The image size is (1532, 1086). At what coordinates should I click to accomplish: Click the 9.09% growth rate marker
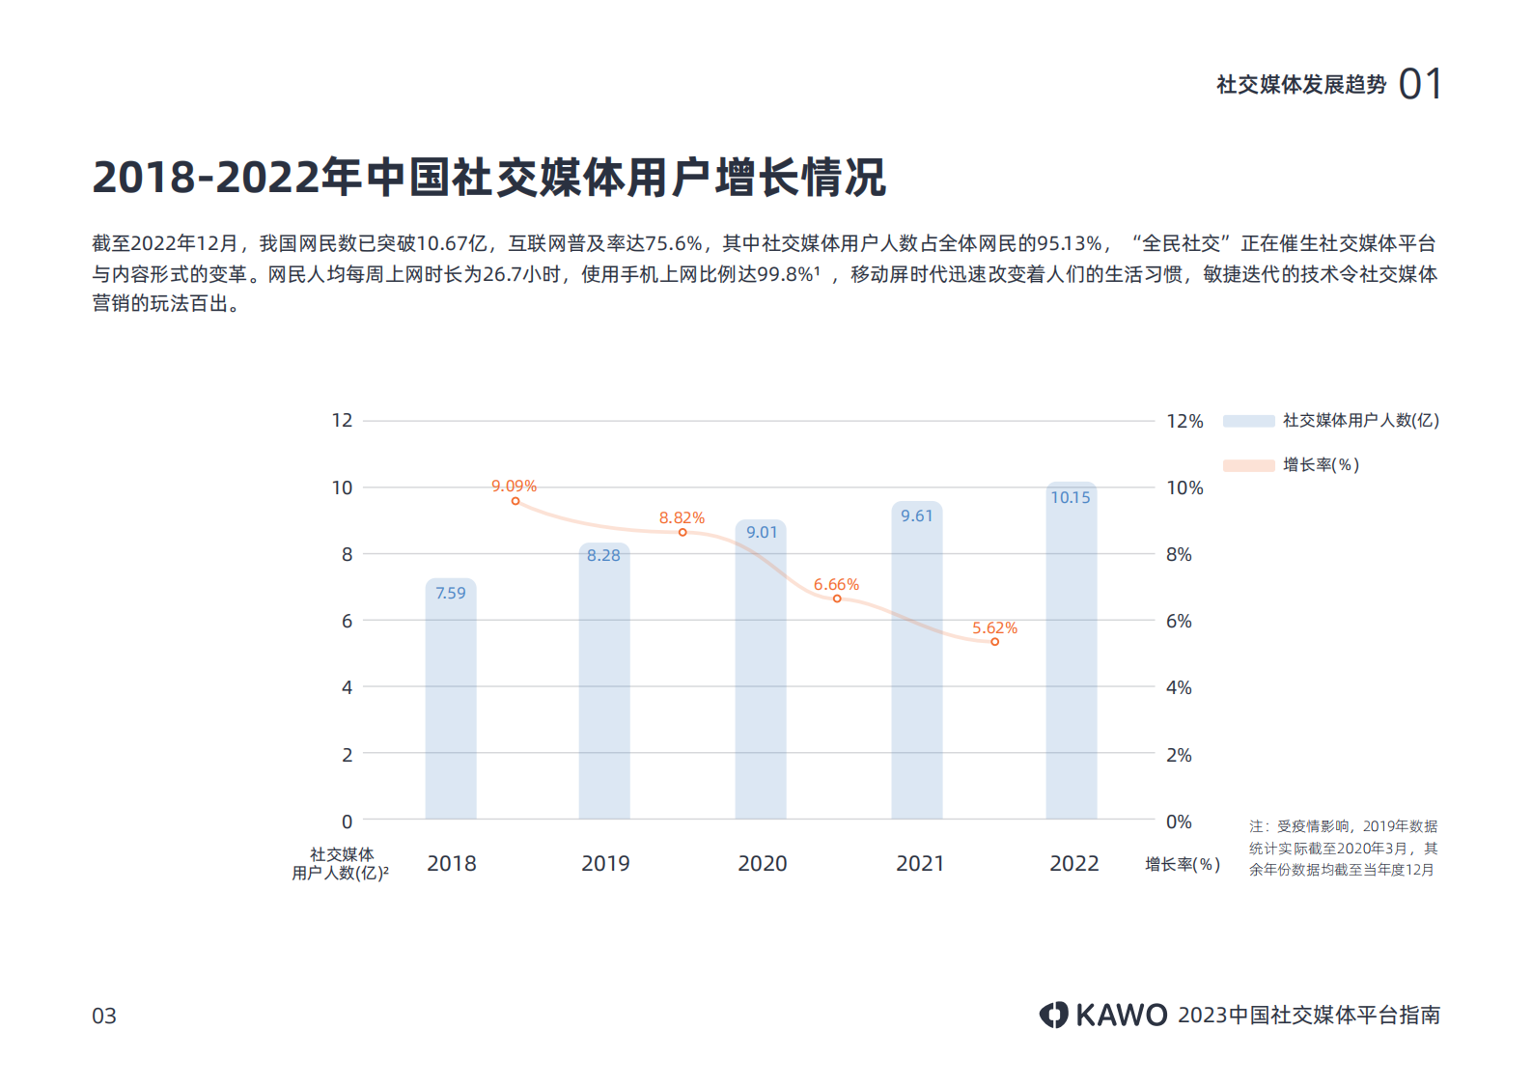tap(515, 501)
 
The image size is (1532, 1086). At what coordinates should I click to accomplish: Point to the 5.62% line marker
tap(994, 642)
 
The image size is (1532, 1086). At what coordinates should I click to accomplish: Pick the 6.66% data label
tap(836, 585)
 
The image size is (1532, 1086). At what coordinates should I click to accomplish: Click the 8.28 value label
tap(603, 555)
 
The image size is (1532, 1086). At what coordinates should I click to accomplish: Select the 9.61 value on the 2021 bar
tap(916, 515)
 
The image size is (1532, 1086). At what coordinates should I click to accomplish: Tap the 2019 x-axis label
tap(605, 863)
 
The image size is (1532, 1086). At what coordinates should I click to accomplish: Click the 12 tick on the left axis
tap(342, 420)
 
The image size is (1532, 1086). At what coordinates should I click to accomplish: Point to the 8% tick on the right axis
tap(1179, 554)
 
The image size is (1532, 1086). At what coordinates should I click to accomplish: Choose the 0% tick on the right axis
tap(1179, 821)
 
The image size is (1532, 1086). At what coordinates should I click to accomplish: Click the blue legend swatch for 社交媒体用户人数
tap(1248, 421)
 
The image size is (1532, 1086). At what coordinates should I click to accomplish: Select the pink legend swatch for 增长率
tap(1248, 465)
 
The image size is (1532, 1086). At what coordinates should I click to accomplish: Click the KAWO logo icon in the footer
tap(1053, 1015)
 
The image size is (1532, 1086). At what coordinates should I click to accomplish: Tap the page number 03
tap(104, 1016)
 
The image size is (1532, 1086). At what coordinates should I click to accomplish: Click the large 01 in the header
tap(1420, 84)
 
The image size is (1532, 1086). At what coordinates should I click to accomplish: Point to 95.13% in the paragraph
tap(1069, 243)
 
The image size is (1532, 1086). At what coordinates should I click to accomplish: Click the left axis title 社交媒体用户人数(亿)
tap(341, 864)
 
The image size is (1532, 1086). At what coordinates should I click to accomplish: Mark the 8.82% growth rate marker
tap(682, 533)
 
